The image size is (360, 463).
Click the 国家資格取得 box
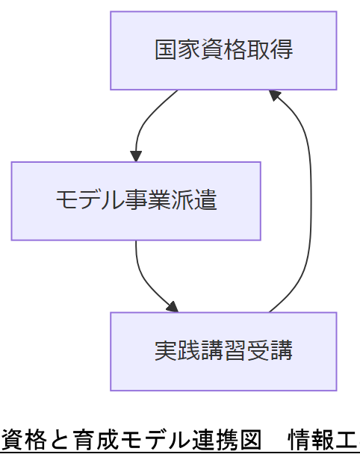[x=223, y=51]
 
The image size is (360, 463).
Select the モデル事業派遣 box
[x=136, y=201]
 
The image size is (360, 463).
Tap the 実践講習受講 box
[x=223, y=351]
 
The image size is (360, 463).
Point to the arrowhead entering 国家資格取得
[x=275, y=95]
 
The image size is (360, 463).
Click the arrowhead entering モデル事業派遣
[x=136, y=156]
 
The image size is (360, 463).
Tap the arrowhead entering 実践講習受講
[x=173, y=307]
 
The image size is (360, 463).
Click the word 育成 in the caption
[x=94, y=440]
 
